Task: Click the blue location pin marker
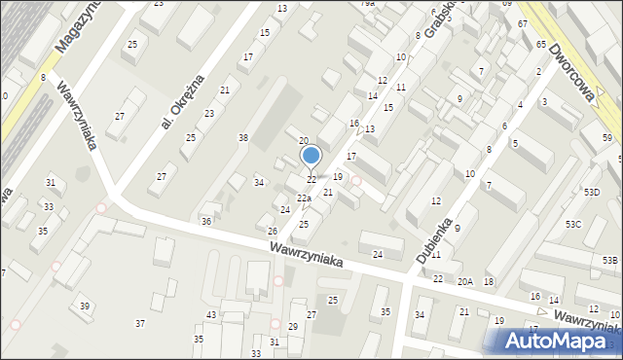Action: (x=311, y=156)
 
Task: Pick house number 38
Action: (x=243, y=138)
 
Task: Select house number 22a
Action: (x=304, y=198)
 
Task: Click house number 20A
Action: (x=465, y=281)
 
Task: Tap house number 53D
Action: (x=592, y=193)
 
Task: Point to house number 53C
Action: (x=573, y=225)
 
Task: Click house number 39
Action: (x=85, y=306)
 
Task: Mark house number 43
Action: (x=211, y=314)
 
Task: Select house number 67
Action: (x=523, y=23)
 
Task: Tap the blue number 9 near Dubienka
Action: (x=458, y=228)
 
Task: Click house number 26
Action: (x=273, y=232)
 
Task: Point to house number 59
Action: (x=606, y=138)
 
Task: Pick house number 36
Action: (x=206, y=222)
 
